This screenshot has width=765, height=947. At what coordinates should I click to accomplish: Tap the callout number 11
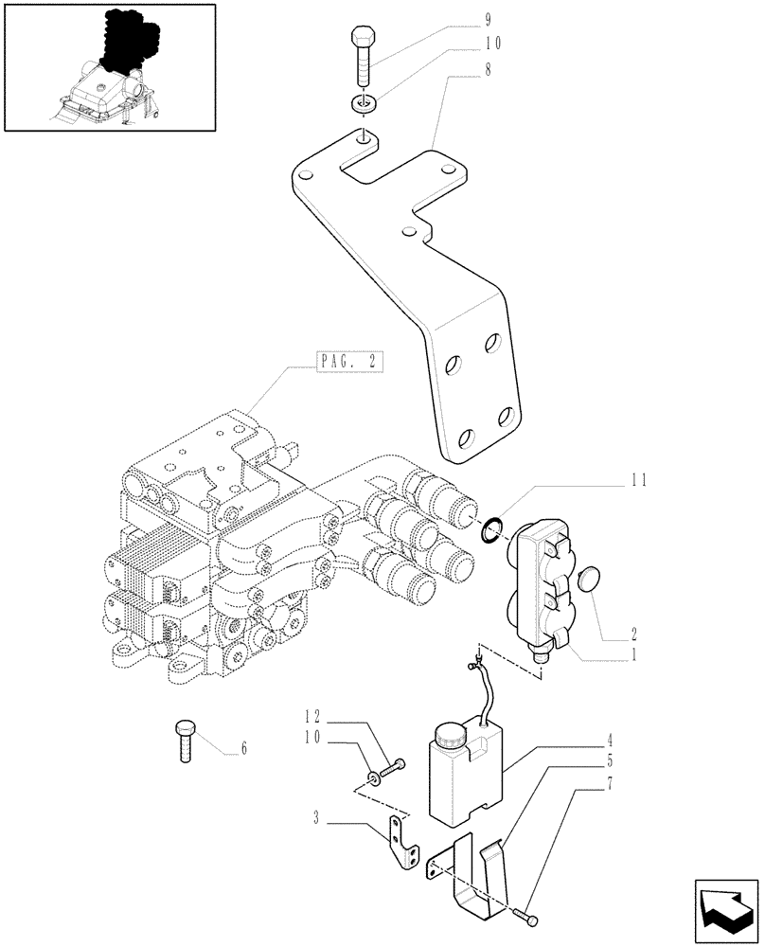[x=640, y=480]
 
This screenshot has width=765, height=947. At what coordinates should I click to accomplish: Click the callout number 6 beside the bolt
[x=243, y=748]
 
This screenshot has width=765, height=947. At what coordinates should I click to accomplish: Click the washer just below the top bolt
[x=364, y=102]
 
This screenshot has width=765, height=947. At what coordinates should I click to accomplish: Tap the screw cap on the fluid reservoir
[x=450, y=735]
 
